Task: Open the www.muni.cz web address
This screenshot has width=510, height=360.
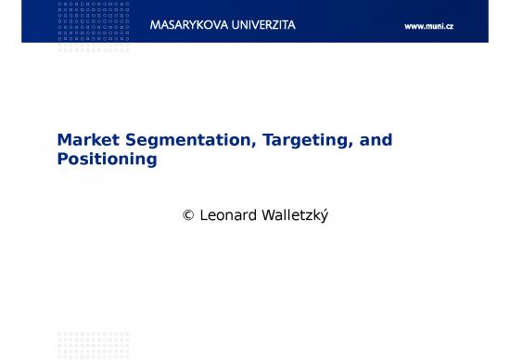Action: [x=429, y=26]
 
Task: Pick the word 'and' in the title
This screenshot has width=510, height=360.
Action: [x=376, y=140]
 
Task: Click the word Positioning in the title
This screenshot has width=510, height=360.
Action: [x=107, y=159]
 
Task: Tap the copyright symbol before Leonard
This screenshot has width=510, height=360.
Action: [x=189, y=214]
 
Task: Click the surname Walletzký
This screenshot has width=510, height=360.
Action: [x=300, y=214]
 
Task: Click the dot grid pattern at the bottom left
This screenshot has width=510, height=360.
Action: [x=94, y=344]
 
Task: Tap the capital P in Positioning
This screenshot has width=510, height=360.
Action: [x=63, y=159]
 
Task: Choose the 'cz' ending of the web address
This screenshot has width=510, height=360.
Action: [x=448, y=26]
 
